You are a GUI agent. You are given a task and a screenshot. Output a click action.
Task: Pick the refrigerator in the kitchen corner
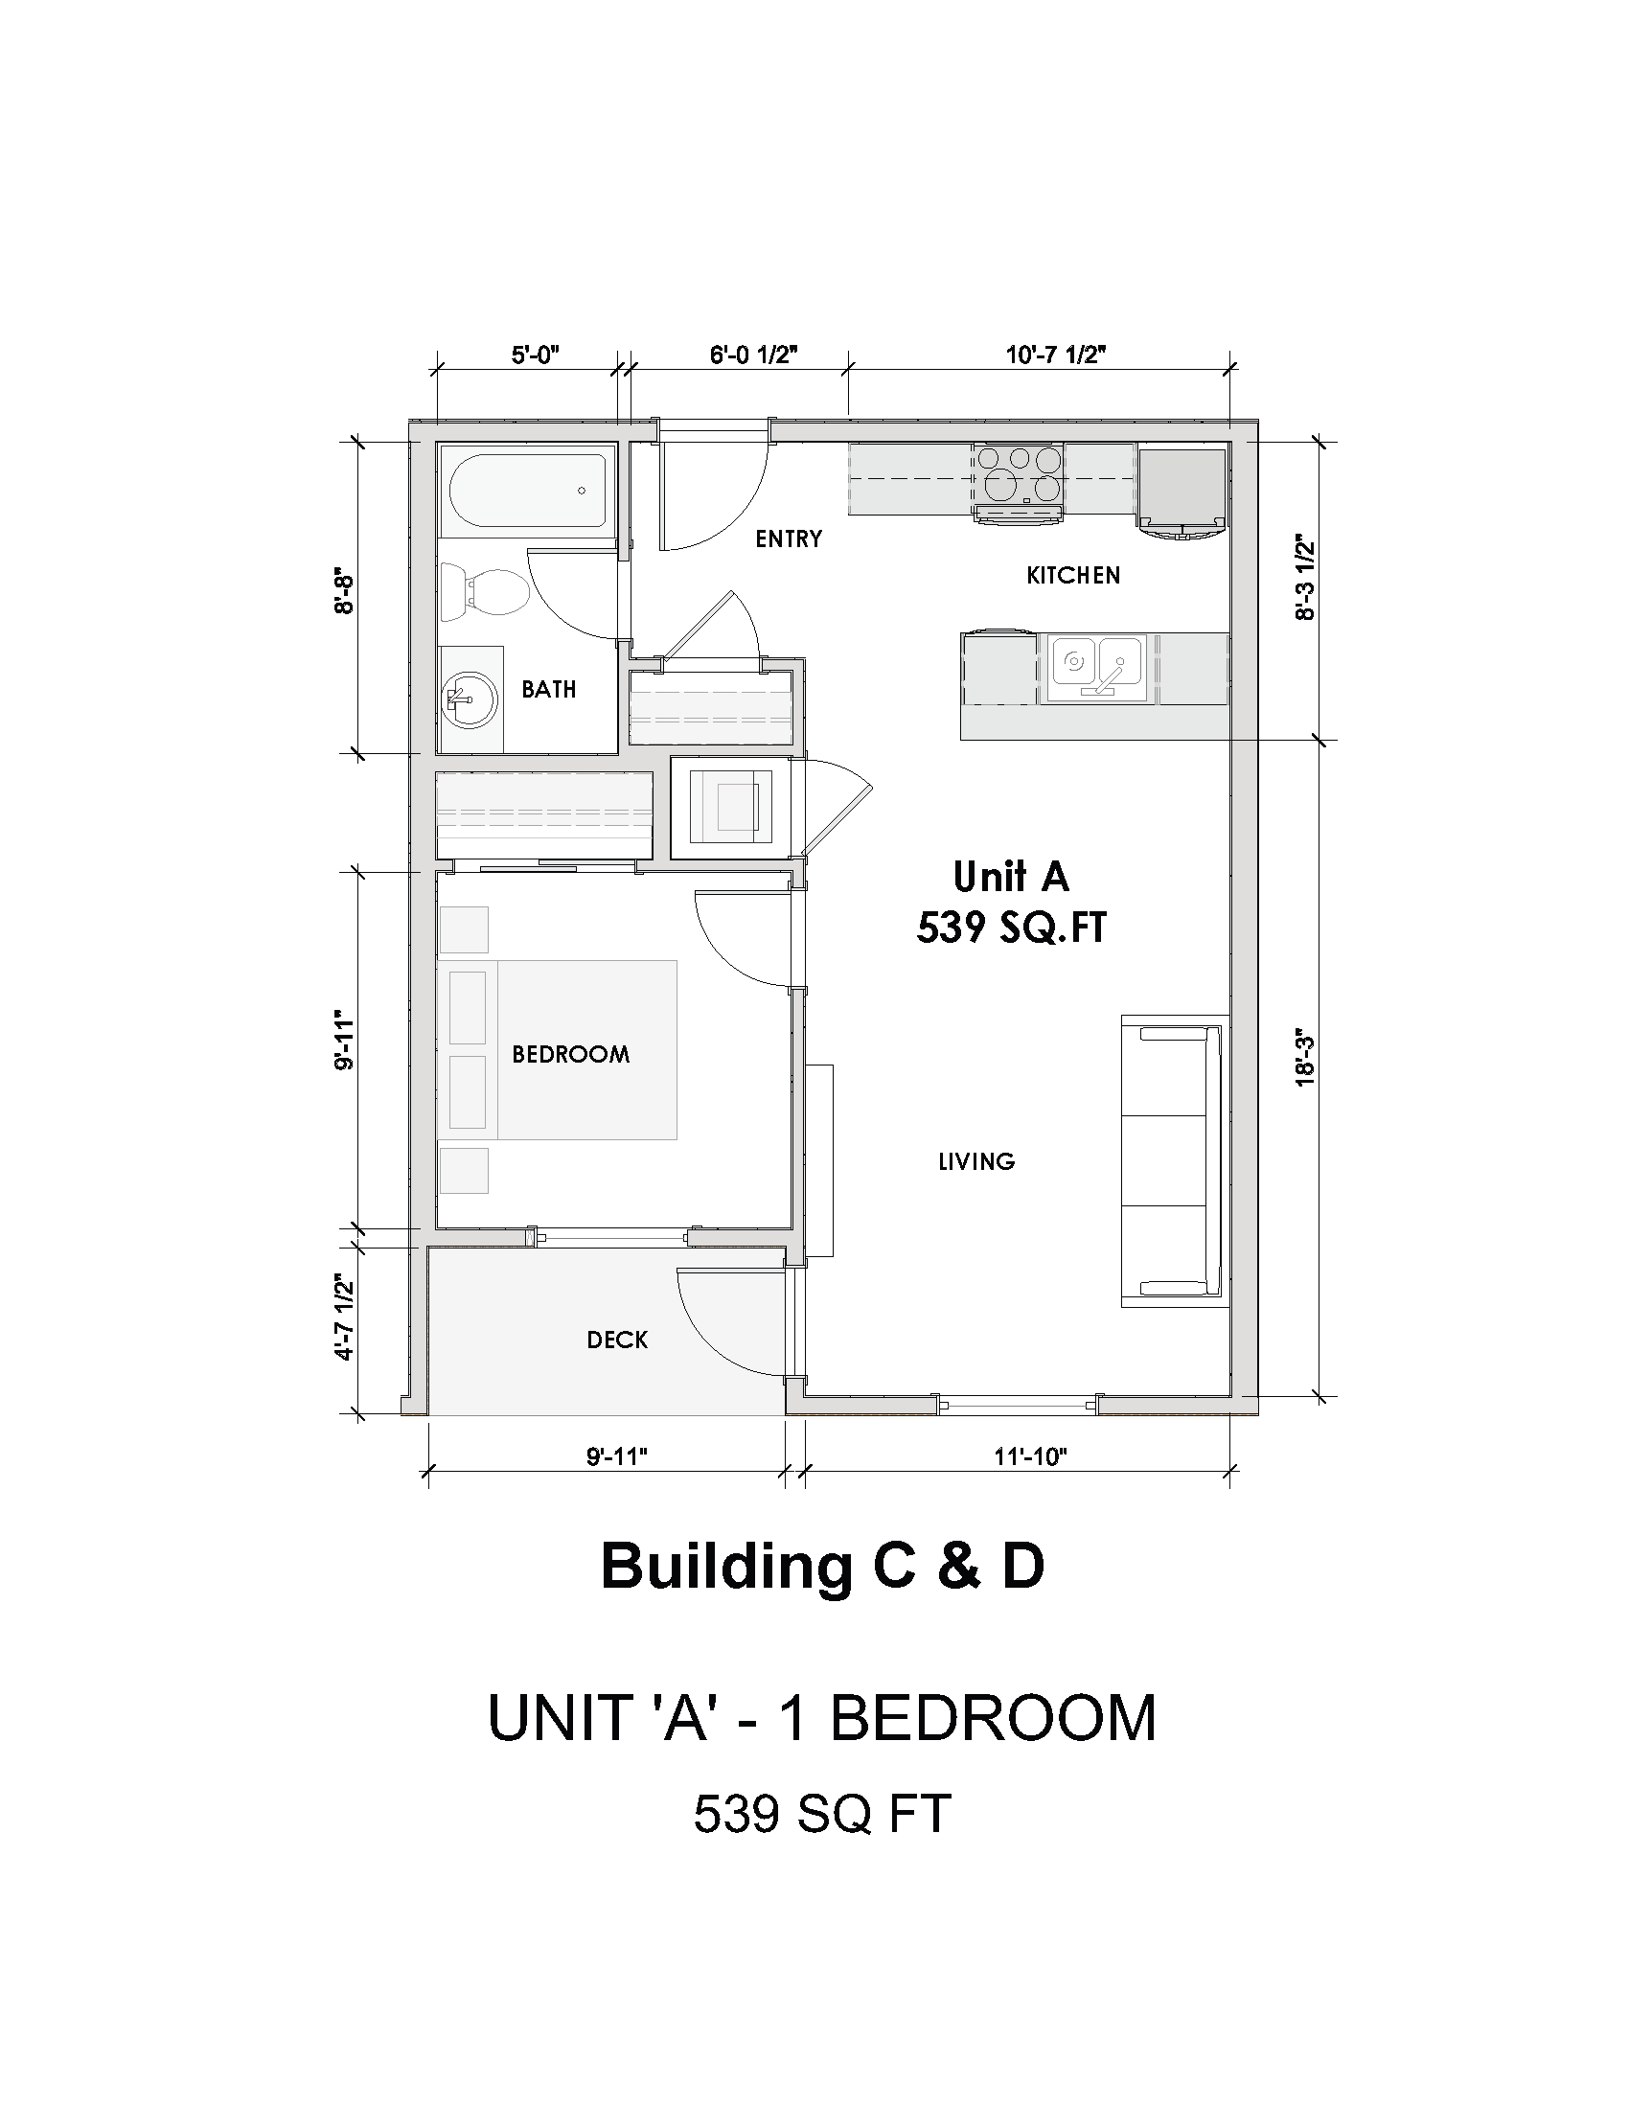[x=1182, y=489]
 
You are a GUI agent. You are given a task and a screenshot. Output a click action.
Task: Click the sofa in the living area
[x=1175, y=1161]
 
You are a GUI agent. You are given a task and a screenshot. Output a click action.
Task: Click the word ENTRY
[x=789, y=539]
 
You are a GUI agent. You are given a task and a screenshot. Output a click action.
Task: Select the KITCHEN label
[x=1073, y=576]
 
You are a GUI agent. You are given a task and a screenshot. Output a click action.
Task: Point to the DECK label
[x=618, y=1340]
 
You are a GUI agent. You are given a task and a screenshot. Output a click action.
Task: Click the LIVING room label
[x=976, y=1161]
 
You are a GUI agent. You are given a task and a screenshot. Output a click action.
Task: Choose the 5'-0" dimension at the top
[x=536, y=355]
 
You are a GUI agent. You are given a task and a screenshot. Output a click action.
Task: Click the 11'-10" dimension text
[x=1031, y=1457]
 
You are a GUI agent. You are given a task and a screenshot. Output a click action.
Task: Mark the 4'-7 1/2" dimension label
[x=344, y=1317]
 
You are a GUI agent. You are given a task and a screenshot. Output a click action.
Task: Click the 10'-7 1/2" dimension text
[x=1056, y=355]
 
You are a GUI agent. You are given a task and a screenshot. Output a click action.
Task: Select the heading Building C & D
[x=822, y=1567]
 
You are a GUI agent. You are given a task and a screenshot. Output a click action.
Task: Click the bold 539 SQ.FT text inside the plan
[x=1011, y=928]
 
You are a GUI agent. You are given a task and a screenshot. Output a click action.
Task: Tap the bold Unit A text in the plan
[x=1011, y=877]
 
